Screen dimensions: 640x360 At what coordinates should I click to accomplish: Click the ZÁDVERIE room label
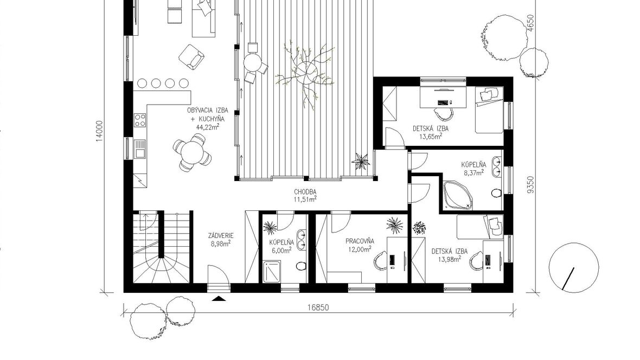pyautogui.click(x=220, y=235)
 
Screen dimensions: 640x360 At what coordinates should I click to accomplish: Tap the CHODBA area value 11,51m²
pyautogui.click(x=305, y=199)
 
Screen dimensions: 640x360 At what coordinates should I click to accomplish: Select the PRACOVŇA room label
pyautogui.click(x=360, y=241)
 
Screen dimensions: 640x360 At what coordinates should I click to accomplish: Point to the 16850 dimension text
pyautogui.click(x=318, y=308)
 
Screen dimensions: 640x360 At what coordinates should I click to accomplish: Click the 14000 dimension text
pyautogui.click(x=100, y=131)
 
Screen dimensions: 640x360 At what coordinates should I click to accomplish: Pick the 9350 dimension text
pyautogui.click(x=530, y=184)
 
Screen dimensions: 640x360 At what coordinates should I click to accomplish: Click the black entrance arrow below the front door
pyautogui.click(x=219, y=299)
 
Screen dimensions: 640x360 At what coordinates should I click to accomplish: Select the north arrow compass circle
pyautogui.click(x=574, y=268)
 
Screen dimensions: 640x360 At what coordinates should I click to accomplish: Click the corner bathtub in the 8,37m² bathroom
pyautogui.click(x=458, y=195)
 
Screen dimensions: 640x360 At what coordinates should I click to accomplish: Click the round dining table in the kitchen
pyautogui.click(x=192, y=153)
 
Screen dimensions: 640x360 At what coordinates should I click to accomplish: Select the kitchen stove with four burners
pyautogui.click(x=140, y=120)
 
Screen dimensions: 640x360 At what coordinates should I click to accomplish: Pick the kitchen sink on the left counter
pyautogui.click(x=140, y=149)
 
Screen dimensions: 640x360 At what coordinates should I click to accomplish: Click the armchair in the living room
pyautogui.click(x=191, y=56)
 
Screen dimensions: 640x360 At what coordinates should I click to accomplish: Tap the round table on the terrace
pyautogui.click(x=252, y=62)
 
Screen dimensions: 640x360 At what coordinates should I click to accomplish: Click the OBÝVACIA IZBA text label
pyautogui.click(x=207, y=110)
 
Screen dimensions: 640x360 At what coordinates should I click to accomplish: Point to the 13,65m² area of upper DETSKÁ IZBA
pyautogui.click(x=431, y=136)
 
